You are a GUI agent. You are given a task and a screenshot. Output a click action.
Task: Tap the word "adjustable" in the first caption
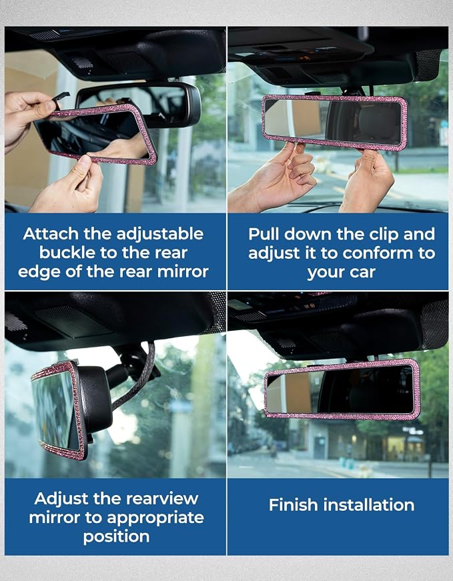(160, 234)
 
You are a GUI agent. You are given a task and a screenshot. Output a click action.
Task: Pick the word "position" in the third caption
(116, 537)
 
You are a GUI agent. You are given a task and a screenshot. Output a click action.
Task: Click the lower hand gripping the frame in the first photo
(69, 185)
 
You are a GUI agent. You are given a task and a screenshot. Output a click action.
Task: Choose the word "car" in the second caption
(363, 273)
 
